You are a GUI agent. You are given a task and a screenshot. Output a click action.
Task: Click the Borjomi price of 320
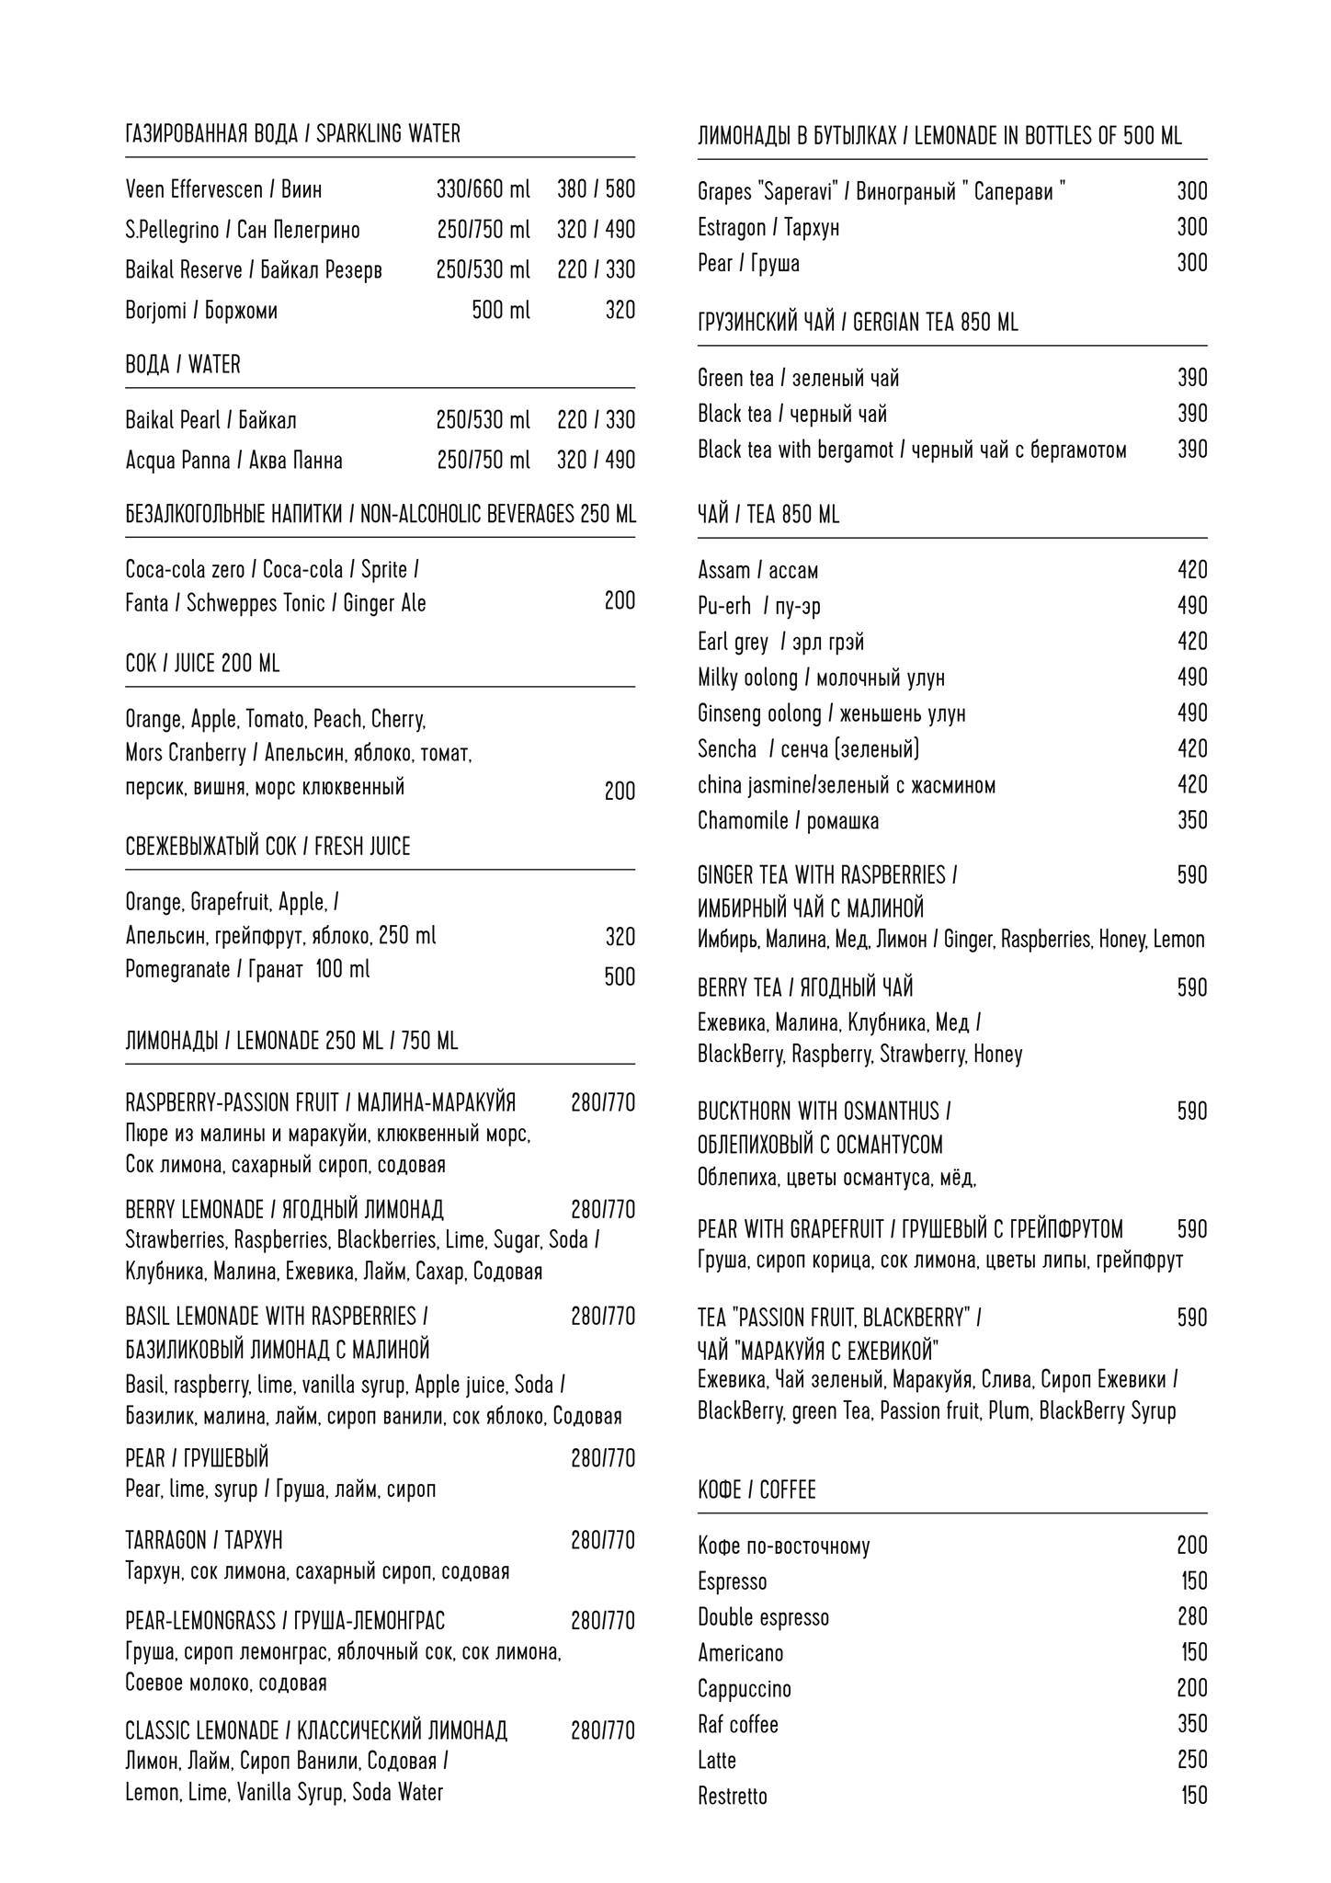[x=620, y=311]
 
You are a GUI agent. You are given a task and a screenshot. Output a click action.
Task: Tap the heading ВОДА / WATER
[x=182, y=365]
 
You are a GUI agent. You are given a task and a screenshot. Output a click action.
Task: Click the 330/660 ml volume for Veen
[x=483, y=190]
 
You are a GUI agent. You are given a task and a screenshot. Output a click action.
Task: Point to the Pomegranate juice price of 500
[x=620, y=976]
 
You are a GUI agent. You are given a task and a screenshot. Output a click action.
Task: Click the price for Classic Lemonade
[x=602, y=1731]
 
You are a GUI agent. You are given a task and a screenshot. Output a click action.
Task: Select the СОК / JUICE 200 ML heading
[x=202, y=664]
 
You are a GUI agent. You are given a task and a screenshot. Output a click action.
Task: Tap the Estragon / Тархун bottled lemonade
[x=768, y=228]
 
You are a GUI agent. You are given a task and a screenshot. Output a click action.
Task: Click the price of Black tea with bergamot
[x=1192, y=450]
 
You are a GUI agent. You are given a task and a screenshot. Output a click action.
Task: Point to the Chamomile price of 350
[x=1192, y=821]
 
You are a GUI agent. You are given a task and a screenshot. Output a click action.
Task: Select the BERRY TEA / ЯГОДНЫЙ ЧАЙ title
[x=805, y=988]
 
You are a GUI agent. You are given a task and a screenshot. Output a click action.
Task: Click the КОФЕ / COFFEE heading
[x=757, y=1490]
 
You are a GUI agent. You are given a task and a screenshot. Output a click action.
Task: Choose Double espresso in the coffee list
[x=763, y=1617]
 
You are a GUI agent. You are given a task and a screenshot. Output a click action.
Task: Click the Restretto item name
[x=732, y=1796]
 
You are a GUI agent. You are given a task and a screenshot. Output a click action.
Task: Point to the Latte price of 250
[x=1192, y=1760]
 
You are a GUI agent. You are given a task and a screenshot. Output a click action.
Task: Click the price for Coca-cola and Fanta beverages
[x=620, y=601]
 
